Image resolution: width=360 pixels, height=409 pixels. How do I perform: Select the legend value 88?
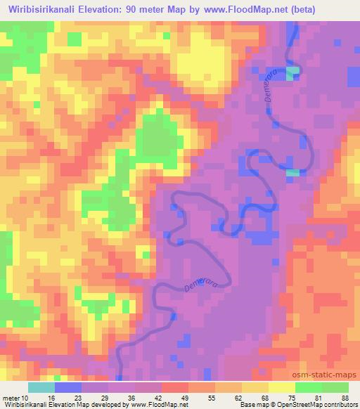tap(345, 397)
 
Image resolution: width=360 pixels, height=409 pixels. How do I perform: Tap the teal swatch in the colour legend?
tap(41, 387)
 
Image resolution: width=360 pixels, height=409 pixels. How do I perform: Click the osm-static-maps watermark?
tap(330, 375)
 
